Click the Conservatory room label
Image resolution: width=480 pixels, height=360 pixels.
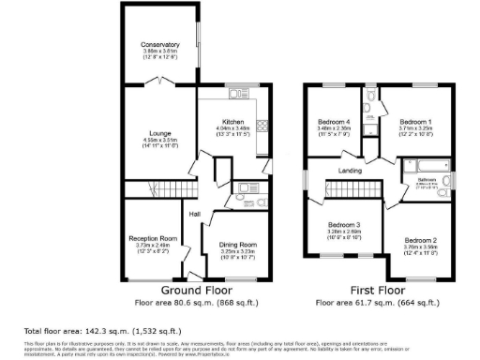click(159, 44)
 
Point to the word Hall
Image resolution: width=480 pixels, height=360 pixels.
click(195, 215)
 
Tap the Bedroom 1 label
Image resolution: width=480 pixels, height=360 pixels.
click(415, 122)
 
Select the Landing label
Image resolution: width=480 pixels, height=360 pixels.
click(352, 170)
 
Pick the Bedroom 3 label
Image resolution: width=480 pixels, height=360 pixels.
click(343, 225)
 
